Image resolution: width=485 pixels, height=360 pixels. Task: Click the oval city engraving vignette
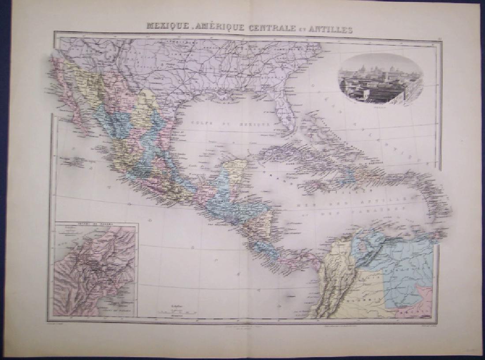380,79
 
